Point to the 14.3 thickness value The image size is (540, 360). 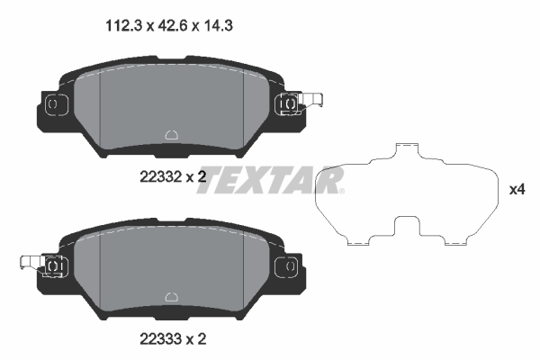tap(202, 27)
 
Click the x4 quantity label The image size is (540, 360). tap(517, 190)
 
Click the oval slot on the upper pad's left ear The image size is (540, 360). tap(51, 104)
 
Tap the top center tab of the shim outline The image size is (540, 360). tap(409, 148)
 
